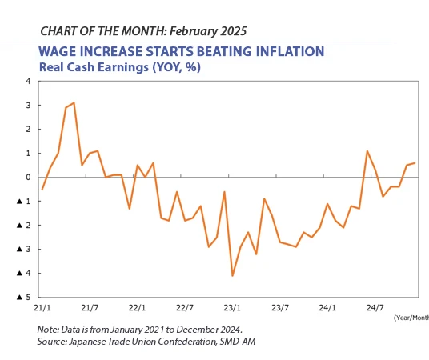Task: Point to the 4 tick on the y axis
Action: tap(28, 82)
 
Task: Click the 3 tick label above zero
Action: tap(28, 106)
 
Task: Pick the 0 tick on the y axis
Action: tap(28, 177)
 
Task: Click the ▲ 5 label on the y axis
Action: tap(25, 297)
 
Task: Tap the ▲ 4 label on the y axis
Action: tap(25, 274)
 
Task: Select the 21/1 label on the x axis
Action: tap(42, 307)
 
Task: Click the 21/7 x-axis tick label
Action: tap(90, 307)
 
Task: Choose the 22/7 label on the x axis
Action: tap(185, 307)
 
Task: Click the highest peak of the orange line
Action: tap(74, 102)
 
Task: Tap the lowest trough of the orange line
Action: tap(232, 275)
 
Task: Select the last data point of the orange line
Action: tap(415, 163)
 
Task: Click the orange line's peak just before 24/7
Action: tap(367, 151)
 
